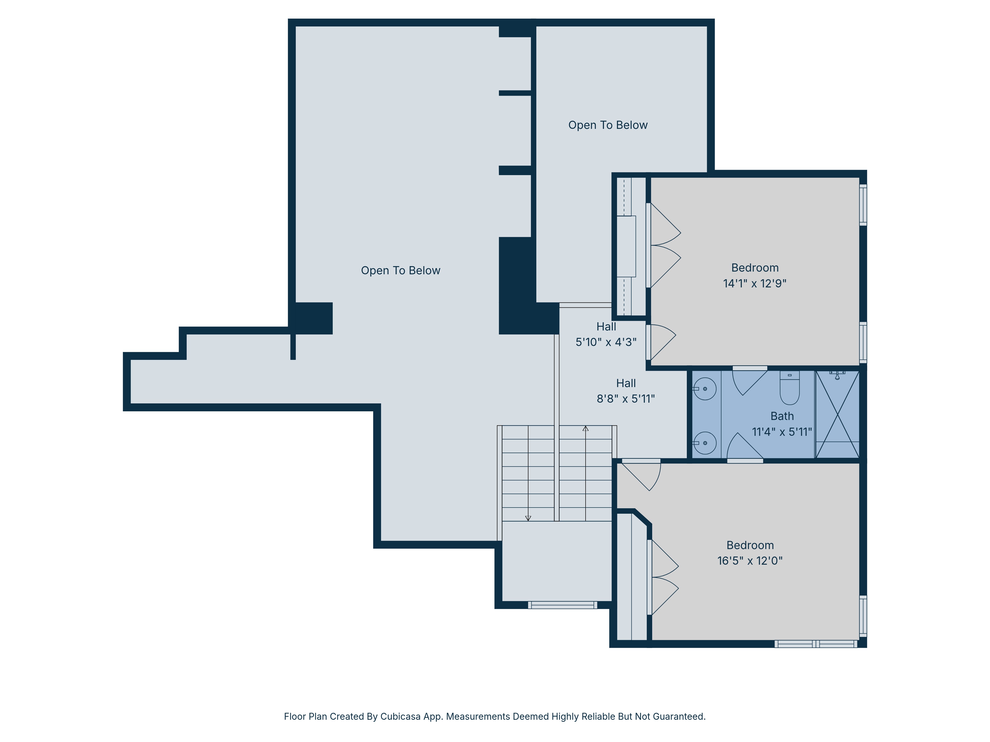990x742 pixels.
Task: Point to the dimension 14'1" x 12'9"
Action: click(x=755, y=283)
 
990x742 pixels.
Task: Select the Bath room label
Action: click(x=782, y=416)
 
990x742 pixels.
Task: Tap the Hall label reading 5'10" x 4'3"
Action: click(x=606, y=334)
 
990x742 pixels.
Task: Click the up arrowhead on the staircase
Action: click(x=585, y=428)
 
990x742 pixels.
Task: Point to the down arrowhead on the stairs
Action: click(x=528, y=518)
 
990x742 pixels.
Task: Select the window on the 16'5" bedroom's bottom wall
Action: click(x=816, y=644)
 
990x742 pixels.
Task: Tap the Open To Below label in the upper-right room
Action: click(x=608, y=125)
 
